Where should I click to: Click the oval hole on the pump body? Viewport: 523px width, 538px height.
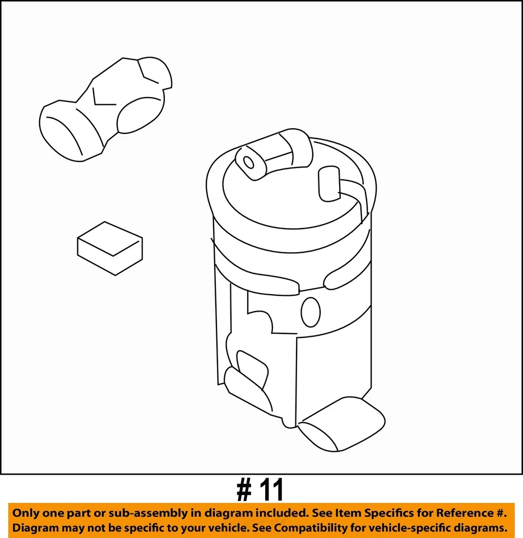click(311, 312)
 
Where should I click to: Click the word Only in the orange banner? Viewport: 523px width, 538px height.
click(27, 513)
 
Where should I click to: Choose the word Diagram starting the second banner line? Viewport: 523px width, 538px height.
click(36, 527)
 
